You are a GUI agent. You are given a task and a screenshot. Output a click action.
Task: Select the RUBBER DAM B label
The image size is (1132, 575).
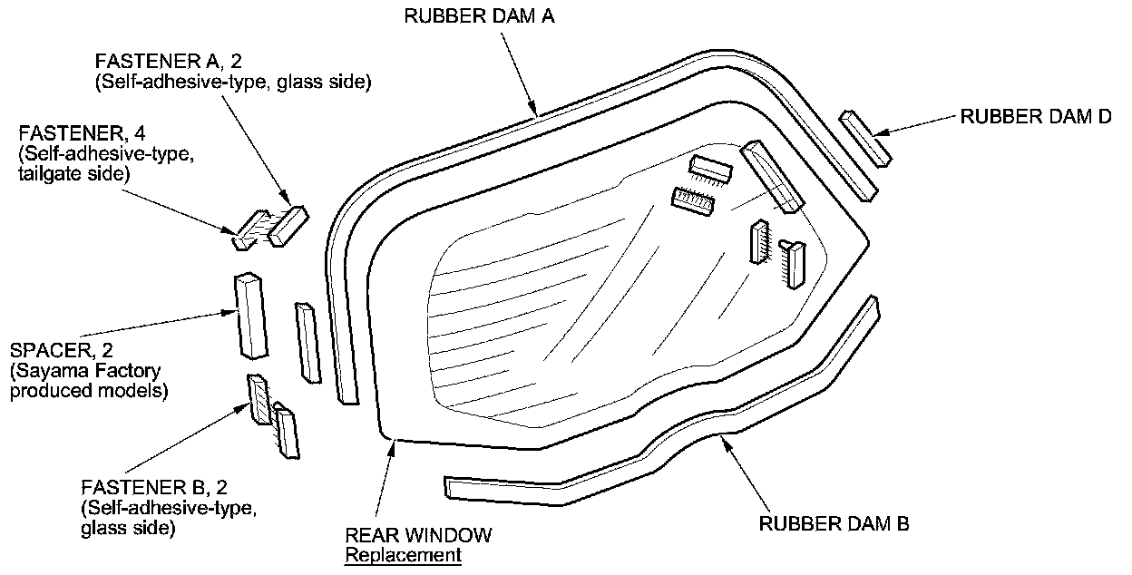[x=834, y=523]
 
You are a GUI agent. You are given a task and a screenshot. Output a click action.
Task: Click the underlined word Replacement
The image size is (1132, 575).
[x=403, y=554]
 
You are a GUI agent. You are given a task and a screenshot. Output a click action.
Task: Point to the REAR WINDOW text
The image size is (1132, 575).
[x=418, y=534]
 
